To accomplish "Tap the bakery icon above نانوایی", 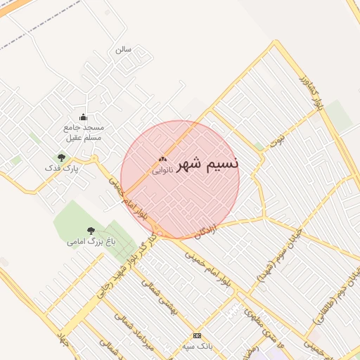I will click(x=162, y=160).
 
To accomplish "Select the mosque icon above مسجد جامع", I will click(x=84, y=117).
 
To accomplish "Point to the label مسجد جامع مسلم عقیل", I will click(x=84, y=132).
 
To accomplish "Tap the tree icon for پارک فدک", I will click(x=61, y=157).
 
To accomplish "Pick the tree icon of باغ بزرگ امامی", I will click(x=90, y=231).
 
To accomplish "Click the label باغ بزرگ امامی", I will click(x=91, y=242).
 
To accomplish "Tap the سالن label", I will click(x=124, y=49).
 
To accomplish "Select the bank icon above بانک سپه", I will click(x=197, y=335).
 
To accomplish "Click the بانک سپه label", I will click(x=197, y=346).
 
